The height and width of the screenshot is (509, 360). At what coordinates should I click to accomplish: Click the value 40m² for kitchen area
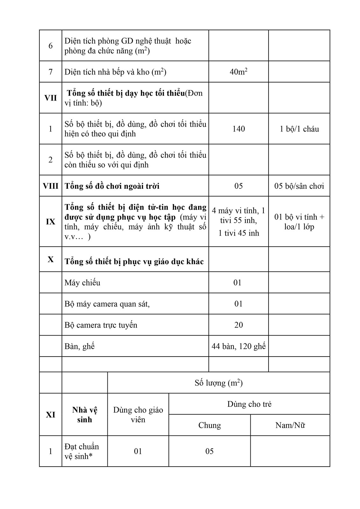coord(238,72)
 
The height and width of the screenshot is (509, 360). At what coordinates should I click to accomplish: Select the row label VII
coord(50,98)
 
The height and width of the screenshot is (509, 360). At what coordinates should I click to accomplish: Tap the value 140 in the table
coord(239,129)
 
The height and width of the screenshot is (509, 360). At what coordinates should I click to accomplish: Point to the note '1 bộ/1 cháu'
coord(299,129)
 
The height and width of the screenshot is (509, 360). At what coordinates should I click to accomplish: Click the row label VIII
coord(50,186)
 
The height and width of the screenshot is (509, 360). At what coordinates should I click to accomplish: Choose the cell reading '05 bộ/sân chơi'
coord(299,186)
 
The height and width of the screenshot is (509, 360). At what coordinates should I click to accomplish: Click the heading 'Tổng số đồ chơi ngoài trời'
coord(112,186)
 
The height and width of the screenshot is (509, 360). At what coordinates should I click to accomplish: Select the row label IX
coord(50,222)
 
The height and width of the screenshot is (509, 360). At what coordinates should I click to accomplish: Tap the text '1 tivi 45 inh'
coord(239,233)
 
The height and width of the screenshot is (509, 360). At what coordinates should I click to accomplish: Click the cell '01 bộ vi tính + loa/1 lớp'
coord(299,222)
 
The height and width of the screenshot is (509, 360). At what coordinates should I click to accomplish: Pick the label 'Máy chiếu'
coord(82,282)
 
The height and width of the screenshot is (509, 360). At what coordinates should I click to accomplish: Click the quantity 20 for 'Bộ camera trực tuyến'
coord(239,325)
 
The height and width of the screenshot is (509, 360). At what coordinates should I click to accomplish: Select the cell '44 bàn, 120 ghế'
coord(239,346)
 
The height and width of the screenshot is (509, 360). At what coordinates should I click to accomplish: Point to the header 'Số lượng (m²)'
coord(219,383)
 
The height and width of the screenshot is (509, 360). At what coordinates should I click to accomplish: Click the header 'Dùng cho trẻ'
coord(249,404)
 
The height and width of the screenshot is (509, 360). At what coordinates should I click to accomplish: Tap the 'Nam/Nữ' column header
coord(290,425)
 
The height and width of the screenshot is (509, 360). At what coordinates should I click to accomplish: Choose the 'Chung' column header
coord(209,425)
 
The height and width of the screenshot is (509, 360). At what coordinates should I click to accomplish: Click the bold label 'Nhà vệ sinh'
coord(84,414)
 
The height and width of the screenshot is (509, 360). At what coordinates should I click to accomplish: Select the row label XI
coord(50,414)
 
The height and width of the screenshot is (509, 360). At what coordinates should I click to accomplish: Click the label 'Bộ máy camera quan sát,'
coord(107,304)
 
